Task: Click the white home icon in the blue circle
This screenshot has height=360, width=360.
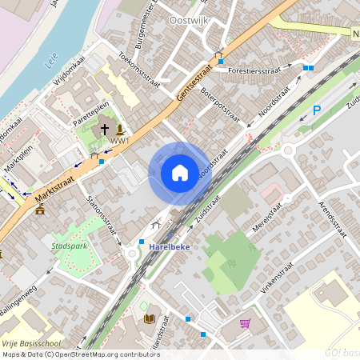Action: pyautogui.click(x=180, y=173)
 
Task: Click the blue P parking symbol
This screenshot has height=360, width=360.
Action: pyautogui.click(x=316, y=110)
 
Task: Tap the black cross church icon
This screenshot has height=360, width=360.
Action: pyautogui.click(x=105, y=130)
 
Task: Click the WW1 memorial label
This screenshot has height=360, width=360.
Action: pyautogui.click(x=119, y=142)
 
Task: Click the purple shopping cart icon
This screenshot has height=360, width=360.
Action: pyautogui.click(x=245, y=323)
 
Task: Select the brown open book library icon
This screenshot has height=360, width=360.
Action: pyautogui.click(x=148, y=318)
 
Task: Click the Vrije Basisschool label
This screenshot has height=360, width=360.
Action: pyautogui.click(x=26, y=342)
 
